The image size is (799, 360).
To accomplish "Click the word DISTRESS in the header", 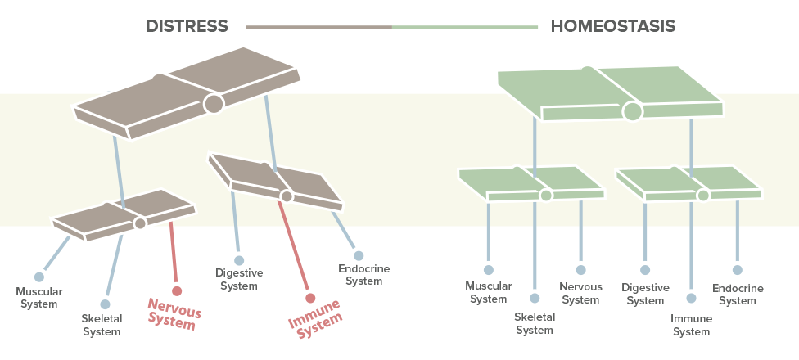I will coord(187,26).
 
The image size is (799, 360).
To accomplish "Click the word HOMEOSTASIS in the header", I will coord(613,26).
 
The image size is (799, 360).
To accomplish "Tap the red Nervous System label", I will coord(174,314).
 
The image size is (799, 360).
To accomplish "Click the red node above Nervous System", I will coord(176,290).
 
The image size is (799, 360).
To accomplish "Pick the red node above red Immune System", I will coord(309,297).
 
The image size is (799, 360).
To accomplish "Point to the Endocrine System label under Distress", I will coord(363,275).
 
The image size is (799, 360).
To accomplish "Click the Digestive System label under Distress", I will coord(239,279).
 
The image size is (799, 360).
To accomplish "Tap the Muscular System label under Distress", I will coord(39,298).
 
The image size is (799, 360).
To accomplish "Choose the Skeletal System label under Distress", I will coord(102,325).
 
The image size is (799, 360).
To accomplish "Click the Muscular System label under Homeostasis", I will coord(489,292).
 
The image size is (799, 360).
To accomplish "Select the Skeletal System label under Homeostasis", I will coord(535,324).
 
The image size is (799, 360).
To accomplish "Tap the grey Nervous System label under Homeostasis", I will coord(580,293).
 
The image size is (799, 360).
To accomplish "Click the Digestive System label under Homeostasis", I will coord(645,294).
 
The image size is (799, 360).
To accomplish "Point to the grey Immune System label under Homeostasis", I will coord(691,325).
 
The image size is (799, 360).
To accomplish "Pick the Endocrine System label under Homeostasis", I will coord(738,295).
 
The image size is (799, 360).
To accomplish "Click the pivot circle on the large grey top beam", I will coord(214,103).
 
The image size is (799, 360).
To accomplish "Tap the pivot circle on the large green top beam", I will coord(632,110).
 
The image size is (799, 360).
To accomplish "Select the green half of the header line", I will coord(465,27).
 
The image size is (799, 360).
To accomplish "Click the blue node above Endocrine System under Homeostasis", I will coord(738,269).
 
